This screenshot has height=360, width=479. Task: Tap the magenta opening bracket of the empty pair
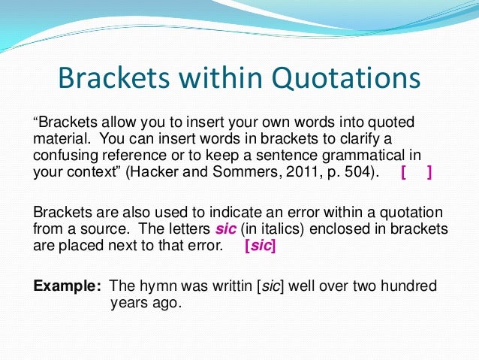click(405, 173)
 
